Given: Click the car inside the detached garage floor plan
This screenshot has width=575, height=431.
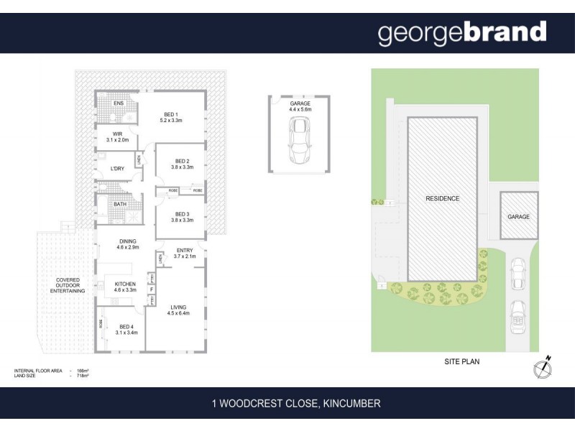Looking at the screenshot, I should coord(299,139).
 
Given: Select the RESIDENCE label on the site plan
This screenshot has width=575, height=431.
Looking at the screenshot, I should coord(442,198).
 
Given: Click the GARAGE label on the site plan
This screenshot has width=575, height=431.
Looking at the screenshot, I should coord(518,216).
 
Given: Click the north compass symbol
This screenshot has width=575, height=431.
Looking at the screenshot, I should coord(543,368).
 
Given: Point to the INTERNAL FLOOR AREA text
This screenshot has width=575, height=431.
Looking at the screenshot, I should coord(38,371).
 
